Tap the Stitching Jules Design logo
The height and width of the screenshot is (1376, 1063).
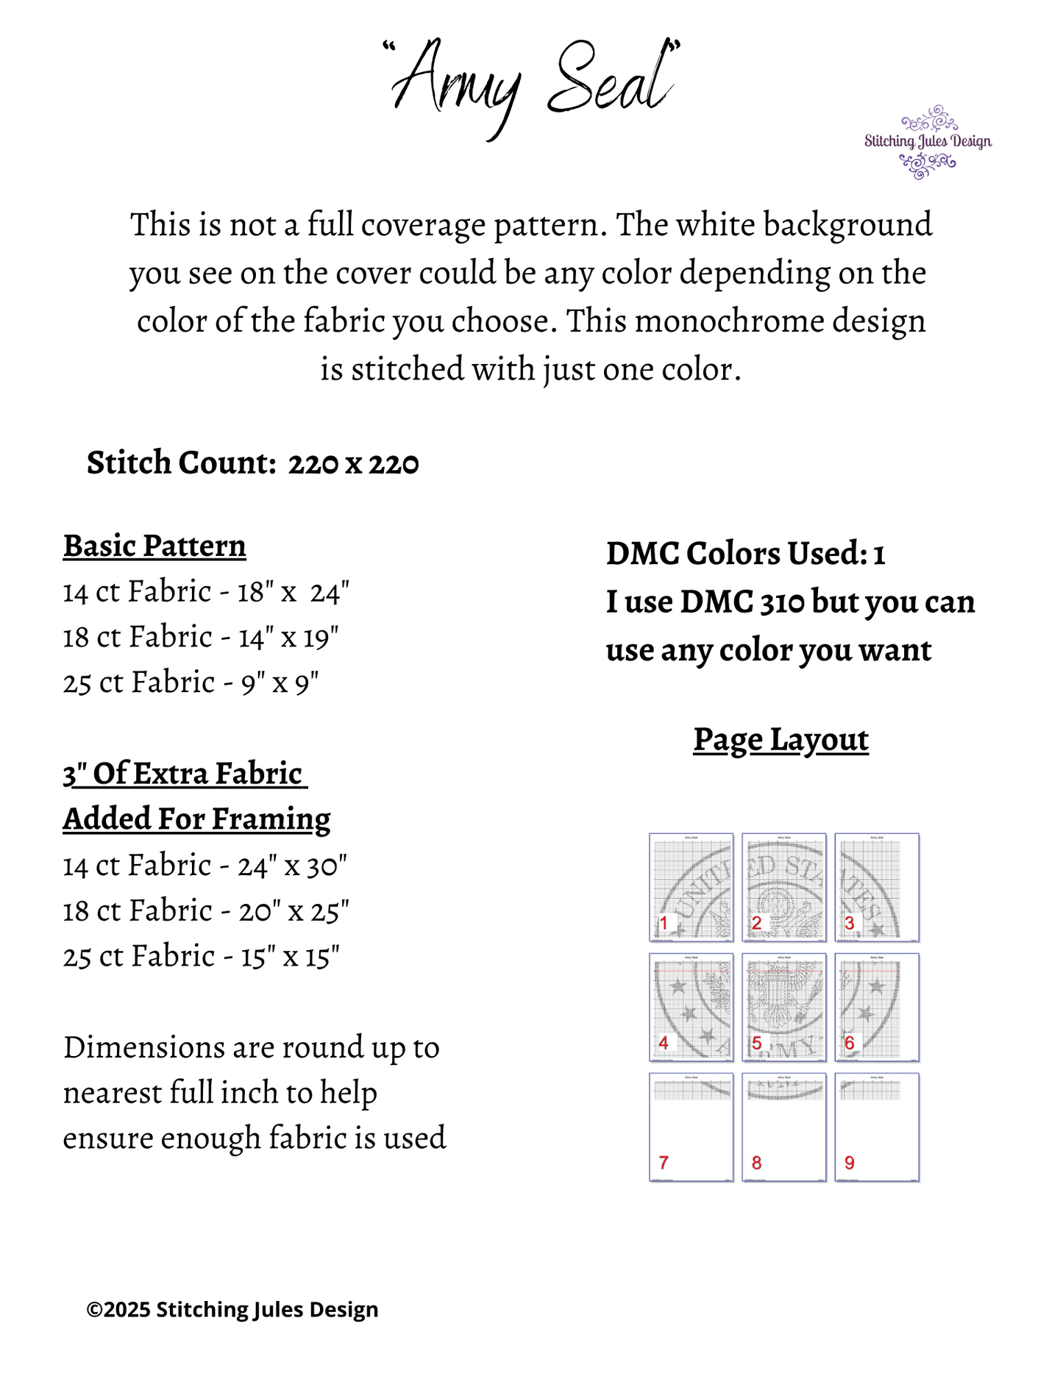927,142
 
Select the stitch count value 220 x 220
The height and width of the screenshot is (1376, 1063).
353,463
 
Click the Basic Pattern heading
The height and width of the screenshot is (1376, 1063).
154,546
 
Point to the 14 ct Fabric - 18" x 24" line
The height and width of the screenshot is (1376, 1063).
206,592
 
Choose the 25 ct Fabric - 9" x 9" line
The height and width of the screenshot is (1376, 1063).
191,683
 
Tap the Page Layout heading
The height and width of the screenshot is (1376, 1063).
781,740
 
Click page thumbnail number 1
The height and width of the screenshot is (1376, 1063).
691,887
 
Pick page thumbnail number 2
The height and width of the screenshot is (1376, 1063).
783,887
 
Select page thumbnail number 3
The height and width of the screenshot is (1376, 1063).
877,887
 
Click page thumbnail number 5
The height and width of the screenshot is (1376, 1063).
783,1007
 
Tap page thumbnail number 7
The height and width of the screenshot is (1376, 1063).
691,1127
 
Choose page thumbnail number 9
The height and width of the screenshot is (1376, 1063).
877,1127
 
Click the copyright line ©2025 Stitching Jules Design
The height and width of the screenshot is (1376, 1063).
232,1310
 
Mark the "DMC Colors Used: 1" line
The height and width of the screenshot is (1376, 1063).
745,554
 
